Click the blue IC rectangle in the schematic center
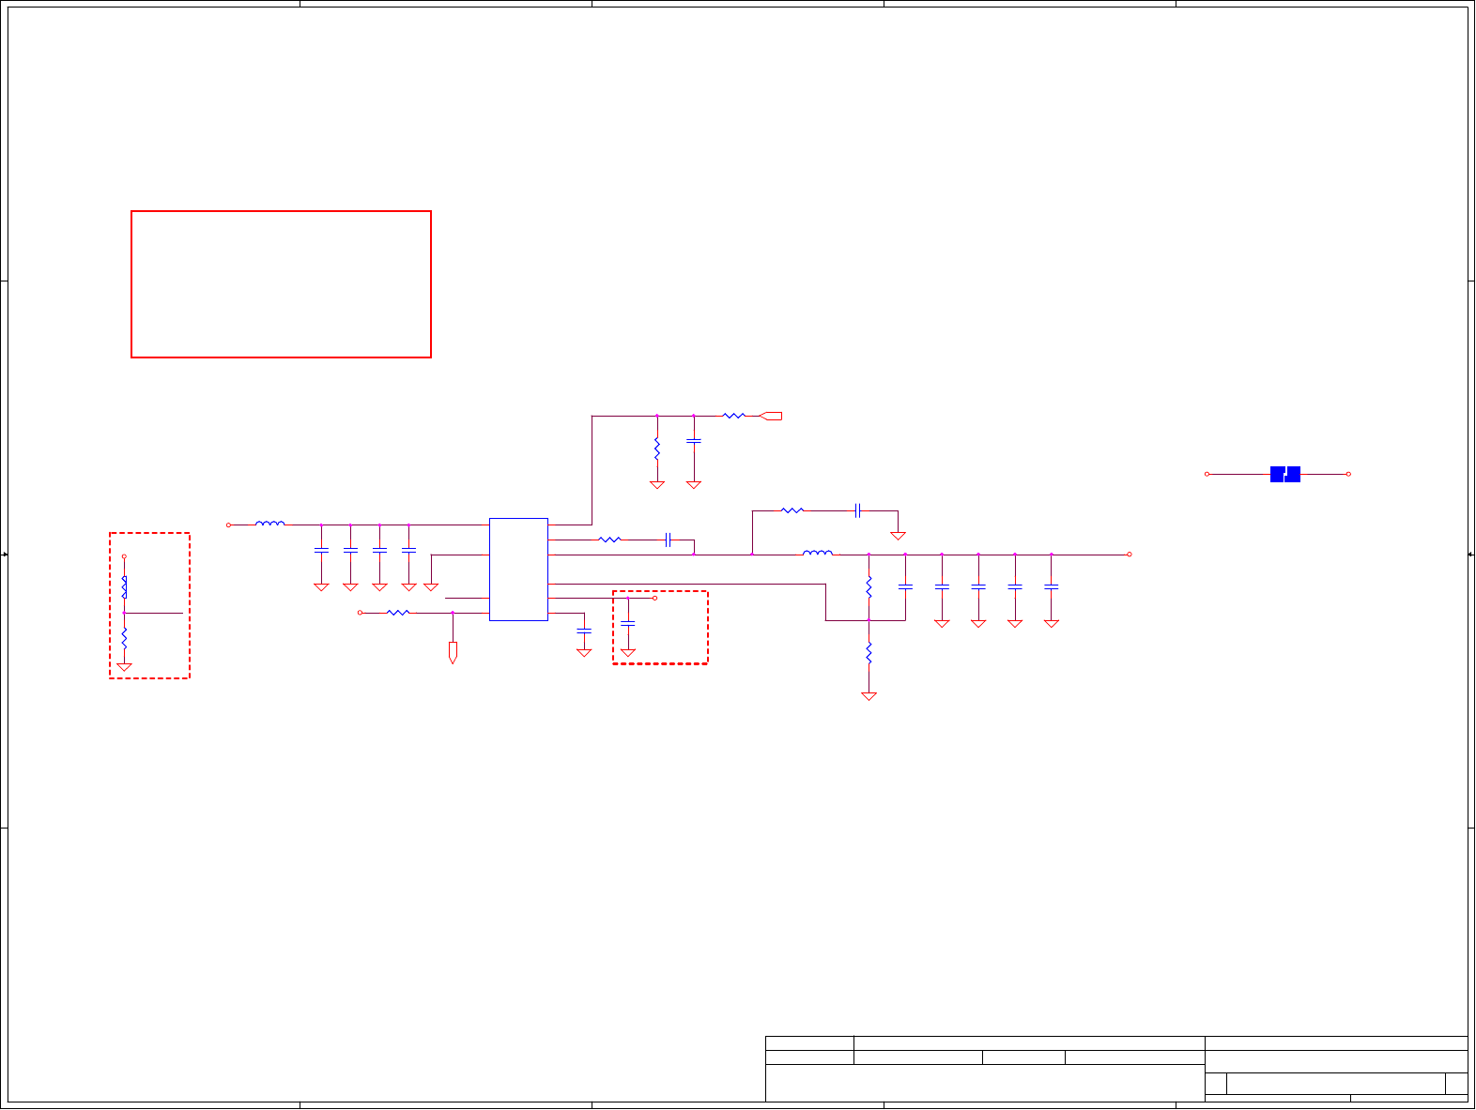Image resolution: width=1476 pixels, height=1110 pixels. tap(518, 569)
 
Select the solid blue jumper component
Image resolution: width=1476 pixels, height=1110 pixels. tap(1284, 474)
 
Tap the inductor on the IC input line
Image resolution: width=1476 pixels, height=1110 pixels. tap(269, 524)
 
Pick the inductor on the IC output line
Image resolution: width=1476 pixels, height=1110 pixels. tap(817, 554)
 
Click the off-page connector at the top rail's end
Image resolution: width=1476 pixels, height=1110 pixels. tap(771, 416)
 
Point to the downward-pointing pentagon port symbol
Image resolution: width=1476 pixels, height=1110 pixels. tap(453, 652)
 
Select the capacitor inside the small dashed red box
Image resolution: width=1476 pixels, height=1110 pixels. tap(628, 623)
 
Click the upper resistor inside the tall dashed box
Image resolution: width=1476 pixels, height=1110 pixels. tap(124, 587)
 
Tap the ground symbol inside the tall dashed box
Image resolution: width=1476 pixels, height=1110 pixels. tap(124, 667)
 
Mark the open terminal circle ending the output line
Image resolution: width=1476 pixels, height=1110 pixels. tap(1129, 555)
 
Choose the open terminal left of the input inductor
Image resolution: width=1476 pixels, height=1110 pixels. tap(228, 525)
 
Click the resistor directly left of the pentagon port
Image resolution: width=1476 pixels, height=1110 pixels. tap(398, 613)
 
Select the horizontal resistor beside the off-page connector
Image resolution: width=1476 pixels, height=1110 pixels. tap(733, 415)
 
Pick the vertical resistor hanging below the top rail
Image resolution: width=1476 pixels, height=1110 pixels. tap(657, 449)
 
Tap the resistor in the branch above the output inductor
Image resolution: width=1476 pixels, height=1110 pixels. tap(792, 510)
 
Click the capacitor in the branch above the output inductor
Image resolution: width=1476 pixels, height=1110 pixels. tap(857, 510)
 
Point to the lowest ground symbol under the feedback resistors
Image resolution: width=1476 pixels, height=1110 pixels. tap(869, 696)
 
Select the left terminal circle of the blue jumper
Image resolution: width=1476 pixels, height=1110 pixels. tap(1207, 474)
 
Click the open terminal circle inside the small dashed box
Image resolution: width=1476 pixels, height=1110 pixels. tap(654, 598)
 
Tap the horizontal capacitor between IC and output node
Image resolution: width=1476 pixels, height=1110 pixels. tap(668, 540)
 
